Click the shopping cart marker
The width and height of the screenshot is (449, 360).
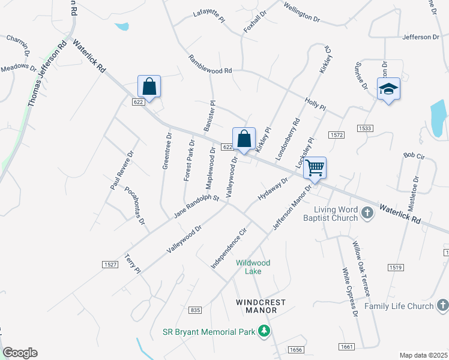315,169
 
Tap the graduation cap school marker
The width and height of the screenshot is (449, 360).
388,89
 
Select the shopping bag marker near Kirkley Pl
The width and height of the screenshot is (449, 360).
244,139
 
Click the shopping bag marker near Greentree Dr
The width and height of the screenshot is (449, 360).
149,87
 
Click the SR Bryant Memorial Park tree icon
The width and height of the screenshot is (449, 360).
263,331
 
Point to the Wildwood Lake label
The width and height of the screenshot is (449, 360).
253,267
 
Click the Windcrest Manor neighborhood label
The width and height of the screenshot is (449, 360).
261,306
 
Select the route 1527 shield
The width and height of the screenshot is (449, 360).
110,265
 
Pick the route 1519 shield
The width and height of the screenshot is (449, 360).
394,267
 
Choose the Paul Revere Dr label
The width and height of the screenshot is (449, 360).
122,170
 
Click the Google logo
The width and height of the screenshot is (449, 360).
20,353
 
